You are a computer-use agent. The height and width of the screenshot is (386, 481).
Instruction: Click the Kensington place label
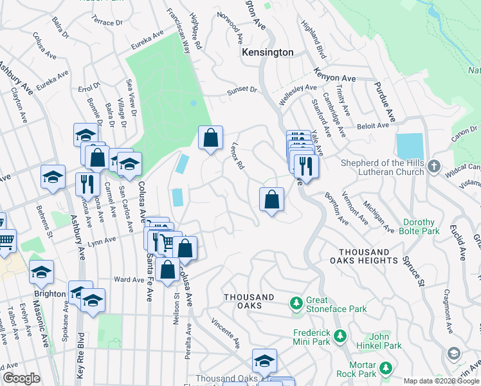267,52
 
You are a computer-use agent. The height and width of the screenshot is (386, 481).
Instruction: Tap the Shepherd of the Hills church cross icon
435,166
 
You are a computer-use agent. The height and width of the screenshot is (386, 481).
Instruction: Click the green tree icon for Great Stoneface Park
296,302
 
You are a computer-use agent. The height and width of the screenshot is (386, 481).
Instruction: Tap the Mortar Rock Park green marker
385,369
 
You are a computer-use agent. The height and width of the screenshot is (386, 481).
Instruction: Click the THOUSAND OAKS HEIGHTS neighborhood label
352,256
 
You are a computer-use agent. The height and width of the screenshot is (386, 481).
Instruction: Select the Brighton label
50,294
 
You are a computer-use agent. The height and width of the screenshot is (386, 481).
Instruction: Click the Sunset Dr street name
241,91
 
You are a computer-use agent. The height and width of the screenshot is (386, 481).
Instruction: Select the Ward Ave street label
129,280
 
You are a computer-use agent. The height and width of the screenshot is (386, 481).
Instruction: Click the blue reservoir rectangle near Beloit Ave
410,146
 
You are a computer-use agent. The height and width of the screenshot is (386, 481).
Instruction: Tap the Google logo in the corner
22,378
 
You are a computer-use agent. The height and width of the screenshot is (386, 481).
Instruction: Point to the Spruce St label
413,271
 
